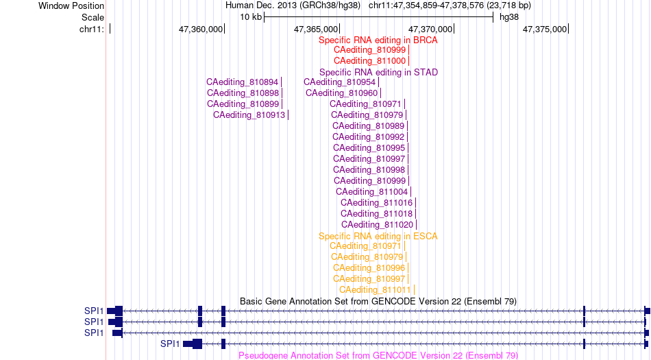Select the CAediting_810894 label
(243, 82)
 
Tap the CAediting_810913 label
(249, 115)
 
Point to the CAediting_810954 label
(340, 82)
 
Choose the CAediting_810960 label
(342, 93)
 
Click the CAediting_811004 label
(372, 192)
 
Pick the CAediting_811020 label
(378, 225)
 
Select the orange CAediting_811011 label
(375, 290)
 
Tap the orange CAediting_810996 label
(369, 268)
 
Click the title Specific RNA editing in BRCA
(378, 40)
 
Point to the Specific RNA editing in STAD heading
(379, 72)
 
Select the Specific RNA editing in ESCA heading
(378, 237)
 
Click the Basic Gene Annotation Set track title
(378, 302)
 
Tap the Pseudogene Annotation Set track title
(378, 355)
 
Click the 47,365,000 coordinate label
(316, 29)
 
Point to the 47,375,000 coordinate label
(545, 29)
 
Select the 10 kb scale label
(251, 17)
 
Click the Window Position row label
(71, 5)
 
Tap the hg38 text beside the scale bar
(509, 17)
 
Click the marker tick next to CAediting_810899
(282, 104)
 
